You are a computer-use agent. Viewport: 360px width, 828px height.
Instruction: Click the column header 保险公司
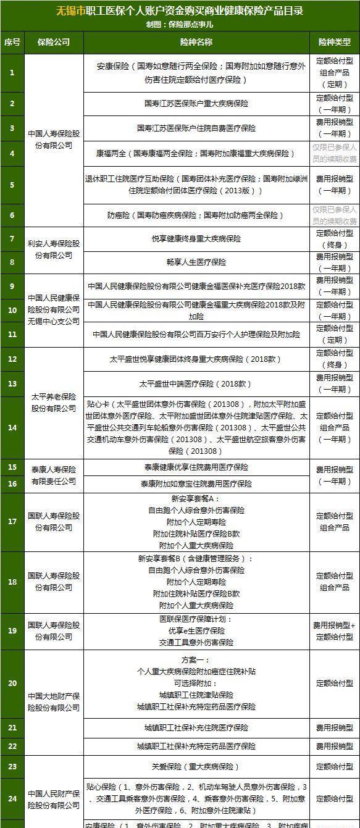tap(53, 42)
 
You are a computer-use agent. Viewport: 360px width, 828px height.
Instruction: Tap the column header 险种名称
tap(196, 42)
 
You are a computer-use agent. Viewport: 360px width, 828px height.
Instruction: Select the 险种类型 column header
tap(335, 42)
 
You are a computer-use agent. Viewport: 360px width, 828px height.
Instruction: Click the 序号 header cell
tap(12, 42)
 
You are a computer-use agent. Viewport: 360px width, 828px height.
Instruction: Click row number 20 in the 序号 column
tap(12, 684)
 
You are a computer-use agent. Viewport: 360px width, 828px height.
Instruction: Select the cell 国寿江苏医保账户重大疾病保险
tap(196, 104)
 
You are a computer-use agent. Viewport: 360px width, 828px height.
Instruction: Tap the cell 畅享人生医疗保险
tap(196, 262)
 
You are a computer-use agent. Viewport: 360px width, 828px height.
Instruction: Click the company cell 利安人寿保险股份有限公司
tap(53, 249)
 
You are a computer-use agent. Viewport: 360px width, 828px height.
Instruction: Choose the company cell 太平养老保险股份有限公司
tap(53, 402)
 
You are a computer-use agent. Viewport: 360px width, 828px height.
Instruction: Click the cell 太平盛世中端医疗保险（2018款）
tap(196, 383)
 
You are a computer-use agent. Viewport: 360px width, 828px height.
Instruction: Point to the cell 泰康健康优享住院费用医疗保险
tap(196, 467)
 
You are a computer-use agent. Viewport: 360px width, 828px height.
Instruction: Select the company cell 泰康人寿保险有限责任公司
tap(53, 475)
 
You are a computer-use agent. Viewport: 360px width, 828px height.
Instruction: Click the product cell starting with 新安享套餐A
tap(196, 522)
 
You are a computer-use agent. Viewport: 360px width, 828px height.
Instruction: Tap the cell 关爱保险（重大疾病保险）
tap(196, 767)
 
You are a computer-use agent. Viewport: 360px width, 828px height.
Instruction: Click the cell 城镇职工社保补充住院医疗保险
tap(196, 728)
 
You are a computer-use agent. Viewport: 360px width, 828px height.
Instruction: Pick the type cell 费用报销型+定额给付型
tap(335, 631)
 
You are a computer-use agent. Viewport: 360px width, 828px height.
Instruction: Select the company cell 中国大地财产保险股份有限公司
tap(53, 702)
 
